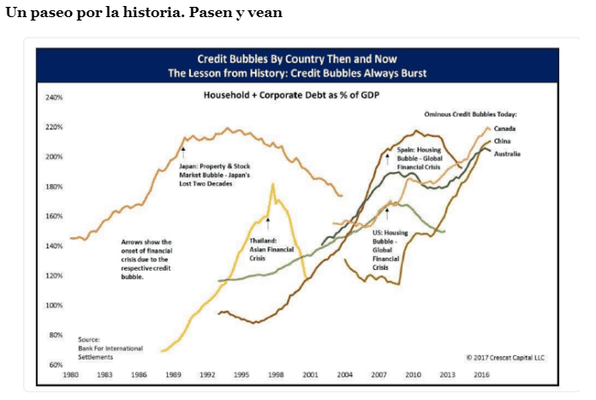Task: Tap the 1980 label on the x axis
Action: point(72,375)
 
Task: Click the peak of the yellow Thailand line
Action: point(272,183)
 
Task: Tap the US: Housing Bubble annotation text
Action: point(390,249)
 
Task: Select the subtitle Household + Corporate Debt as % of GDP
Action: point(290,94)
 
